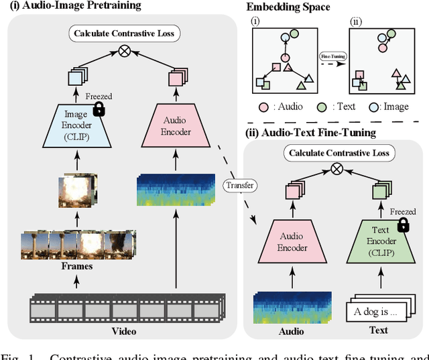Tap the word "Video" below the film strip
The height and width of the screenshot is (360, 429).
point(123,331)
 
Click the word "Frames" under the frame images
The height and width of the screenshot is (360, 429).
point(76,266)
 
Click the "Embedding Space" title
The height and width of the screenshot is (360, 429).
point(288,7)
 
